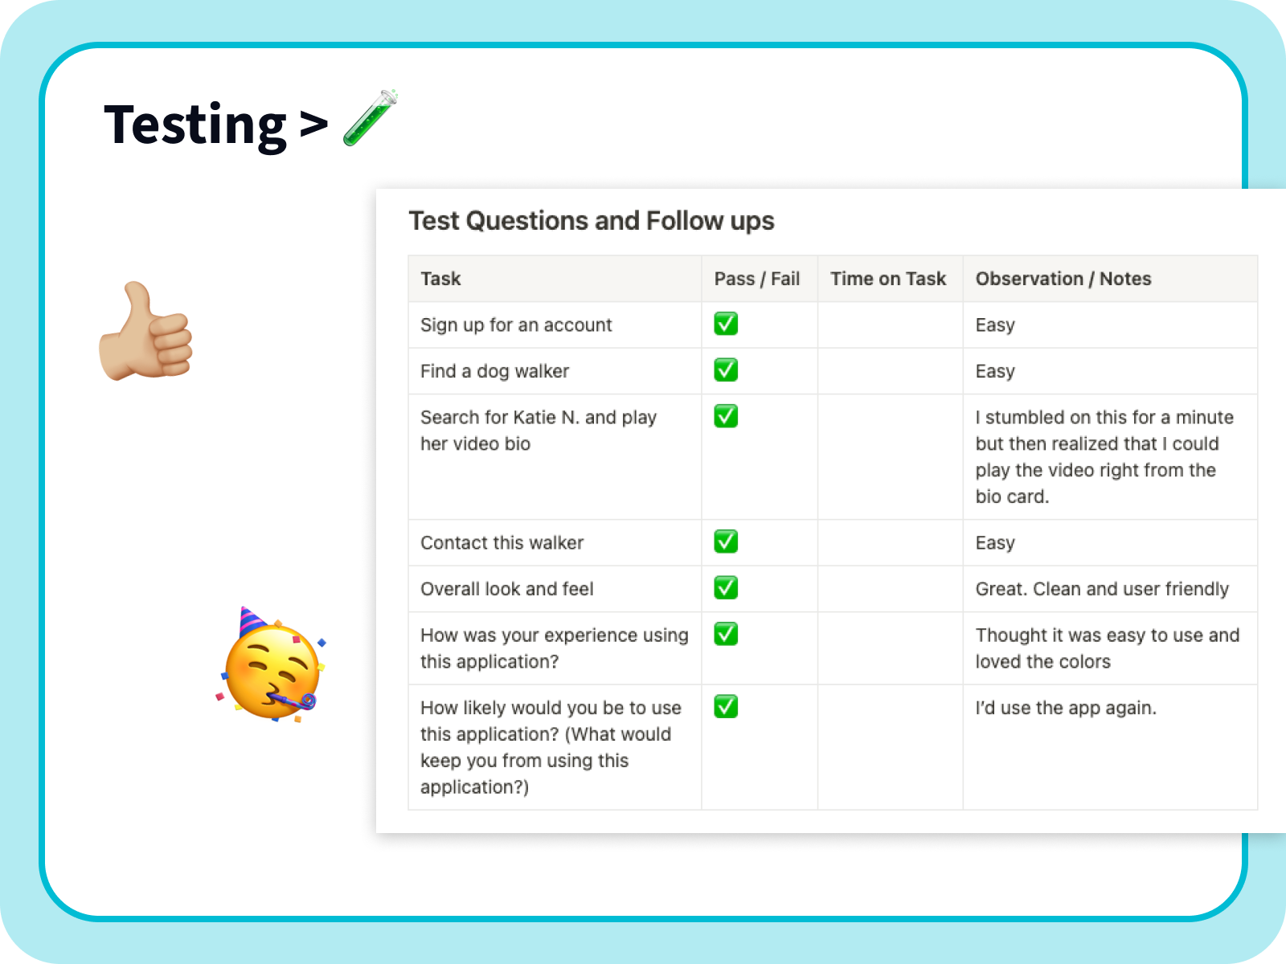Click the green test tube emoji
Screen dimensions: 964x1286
point(371,118)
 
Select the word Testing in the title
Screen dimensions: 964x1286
point(195,125)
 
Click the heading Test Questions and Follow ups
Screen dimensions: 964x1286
point(591,221)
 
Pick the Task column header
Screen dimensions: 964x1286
point(440,279)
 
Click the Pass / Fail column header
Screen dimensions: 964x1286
point(756,279)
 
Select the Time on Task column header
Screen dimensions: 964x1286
point(887,279)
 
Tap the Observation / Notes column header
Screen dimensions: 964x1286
point(1063,279)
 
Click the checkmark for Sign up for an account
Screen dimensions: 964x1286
point(726,324)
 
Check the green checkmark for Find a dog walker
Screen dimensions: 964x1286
point(726,370)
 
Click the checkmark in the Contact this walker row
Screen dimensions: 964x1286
point(726,541)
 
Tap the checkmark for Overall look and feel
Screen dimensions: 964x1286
point(726,588)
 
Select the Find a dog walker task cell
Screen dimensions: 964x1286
point(494,371)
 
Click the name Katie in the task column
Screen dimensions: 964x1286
point(534,418)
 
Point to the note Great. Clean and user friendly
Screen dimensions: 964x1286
point(1101,589)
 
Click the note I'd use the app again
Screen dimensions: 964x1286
point(1065,708)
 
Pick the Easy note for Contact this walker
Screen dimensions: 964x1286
point(995,543)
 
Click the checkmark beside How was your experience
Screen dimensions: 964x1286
point(726,634)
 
